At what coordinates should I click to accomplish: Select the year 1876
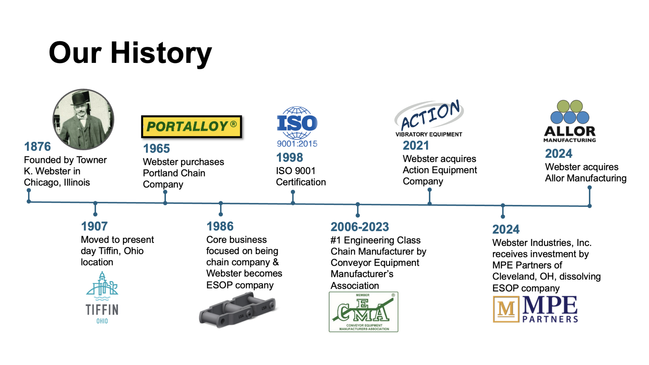pos(37,147)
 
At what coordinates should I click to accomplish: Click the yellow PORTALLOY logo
pos(191,127)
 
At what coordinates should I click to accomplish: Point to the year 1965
pos(156,149)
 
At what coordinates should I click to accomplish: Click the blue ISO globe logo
pos(297,123)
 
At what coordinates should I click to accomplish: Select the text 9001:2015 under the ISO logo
pos(297,144)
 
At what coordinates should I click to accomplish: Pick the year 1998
pos(289,158)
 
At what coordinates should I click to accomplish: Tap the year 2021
pos(416,146)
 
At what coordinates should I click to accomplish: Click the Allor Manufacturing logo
pos(570,121)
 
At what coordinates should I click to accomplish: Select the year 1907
pos(94,226)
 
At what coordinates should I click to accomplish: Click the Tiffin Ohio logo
pos(102,298)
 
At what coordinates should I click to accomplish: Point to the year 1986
pos(220,226)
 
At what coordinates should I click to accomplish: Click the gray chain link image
pos(238,310)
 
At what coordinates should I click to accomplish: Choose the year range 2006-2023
pos(360,227)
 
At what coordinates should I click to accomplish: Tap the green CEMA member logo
pos(363,312)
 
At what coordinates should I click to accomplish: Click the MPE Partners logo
pos(535,309)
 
